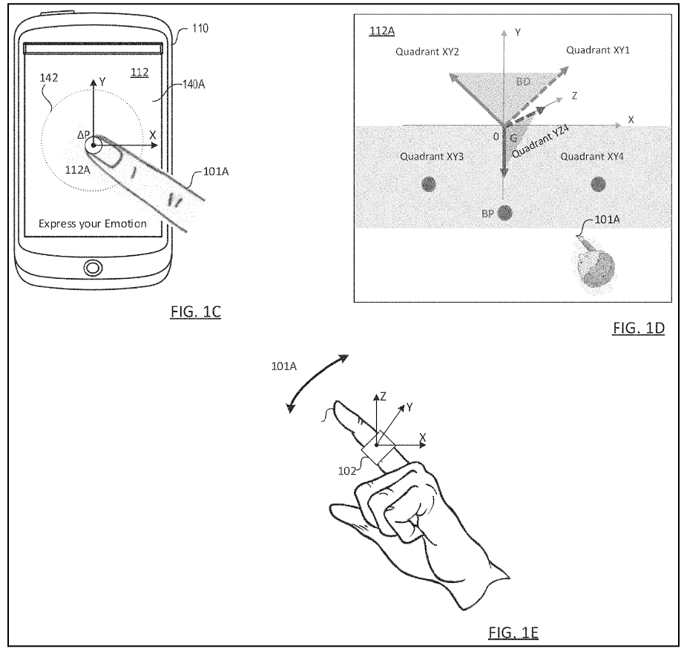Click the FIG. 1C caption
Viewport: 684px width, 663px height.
click(195, 312)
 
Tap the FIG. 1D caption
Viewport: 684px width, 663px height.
click(639, 328)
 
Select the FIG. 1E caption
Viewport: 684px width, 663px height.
click(513, 632)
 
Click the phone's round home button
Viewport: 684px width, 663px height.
click(93, 268)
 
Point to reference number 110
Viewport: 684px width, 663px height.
click(200, 28)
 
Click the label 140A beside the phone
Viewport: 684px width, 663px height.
click(194, 85)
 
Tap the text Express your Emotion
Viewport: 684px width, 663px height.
click(93, 224)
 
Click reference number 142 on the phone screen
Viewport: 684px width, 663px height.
click(48, 78)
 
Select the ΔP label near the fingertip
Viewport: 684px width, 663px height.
click(84, 135)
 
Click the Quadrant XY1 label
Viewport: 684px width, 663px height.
click(598, 50)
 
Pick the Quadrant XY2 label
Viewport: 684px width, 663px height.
click(427, 52)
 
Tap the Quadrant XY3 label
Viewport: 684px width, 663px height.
click(432, 156)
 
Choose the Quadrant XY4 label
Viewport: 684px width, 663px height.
click(592, 156)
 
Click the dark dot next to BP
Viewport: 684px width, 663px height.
click(504, 213)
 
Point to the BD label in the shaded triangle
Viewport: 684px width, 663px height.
click(523, 82)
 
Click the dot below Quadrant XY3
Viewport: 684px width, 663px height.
click(429, 184)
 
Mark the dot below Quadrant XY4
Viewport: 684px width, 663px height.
click(598, 184)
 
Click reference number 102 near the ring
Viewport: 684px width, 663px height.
click(346, 471)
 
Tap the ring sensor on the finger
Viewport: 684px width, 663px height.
click(378, 448)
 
